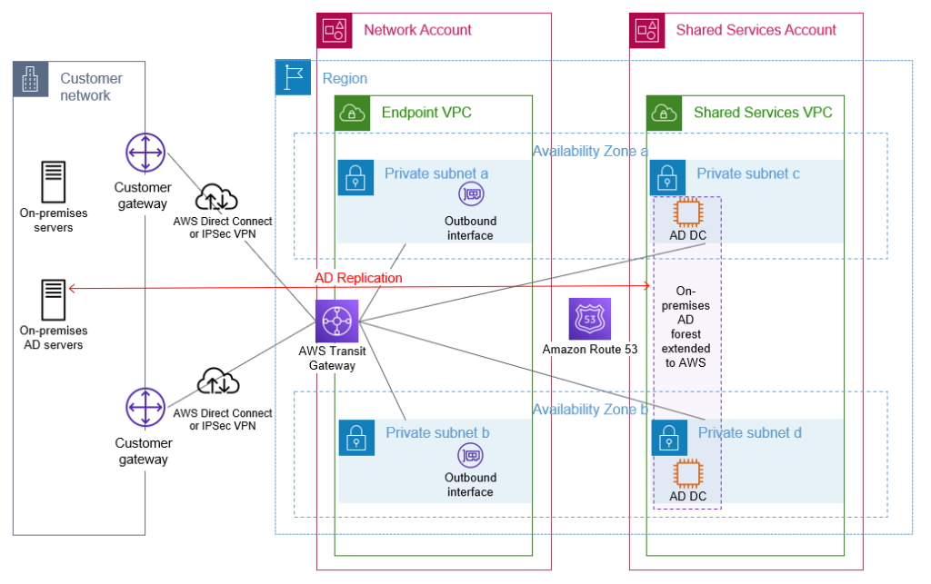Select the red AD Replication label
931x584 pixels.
[x=358, y=278]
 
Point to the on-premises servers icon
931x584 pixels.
[x=53, y=182]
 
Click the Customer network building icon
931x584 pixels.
[x=31, y=80]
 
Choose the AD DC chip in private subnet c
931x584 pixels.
[x=687, y=213]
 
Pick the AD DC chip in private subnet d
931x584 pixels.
[x=687, y=474]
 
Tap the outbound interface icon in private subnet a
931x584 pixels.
[x=470, y=194]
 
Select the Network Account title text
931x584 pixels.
[x=417, y=30]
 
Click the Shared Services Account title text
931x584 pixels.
[x=756, y=30]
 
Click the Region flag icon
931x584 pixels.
[x=293, y=79]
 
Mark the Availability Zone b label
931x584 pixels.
[x=590, y=410]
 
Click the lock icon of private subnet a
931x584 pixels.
[x=355, y=178]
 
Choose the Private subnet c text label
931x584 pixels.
[x=748, y=173]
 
